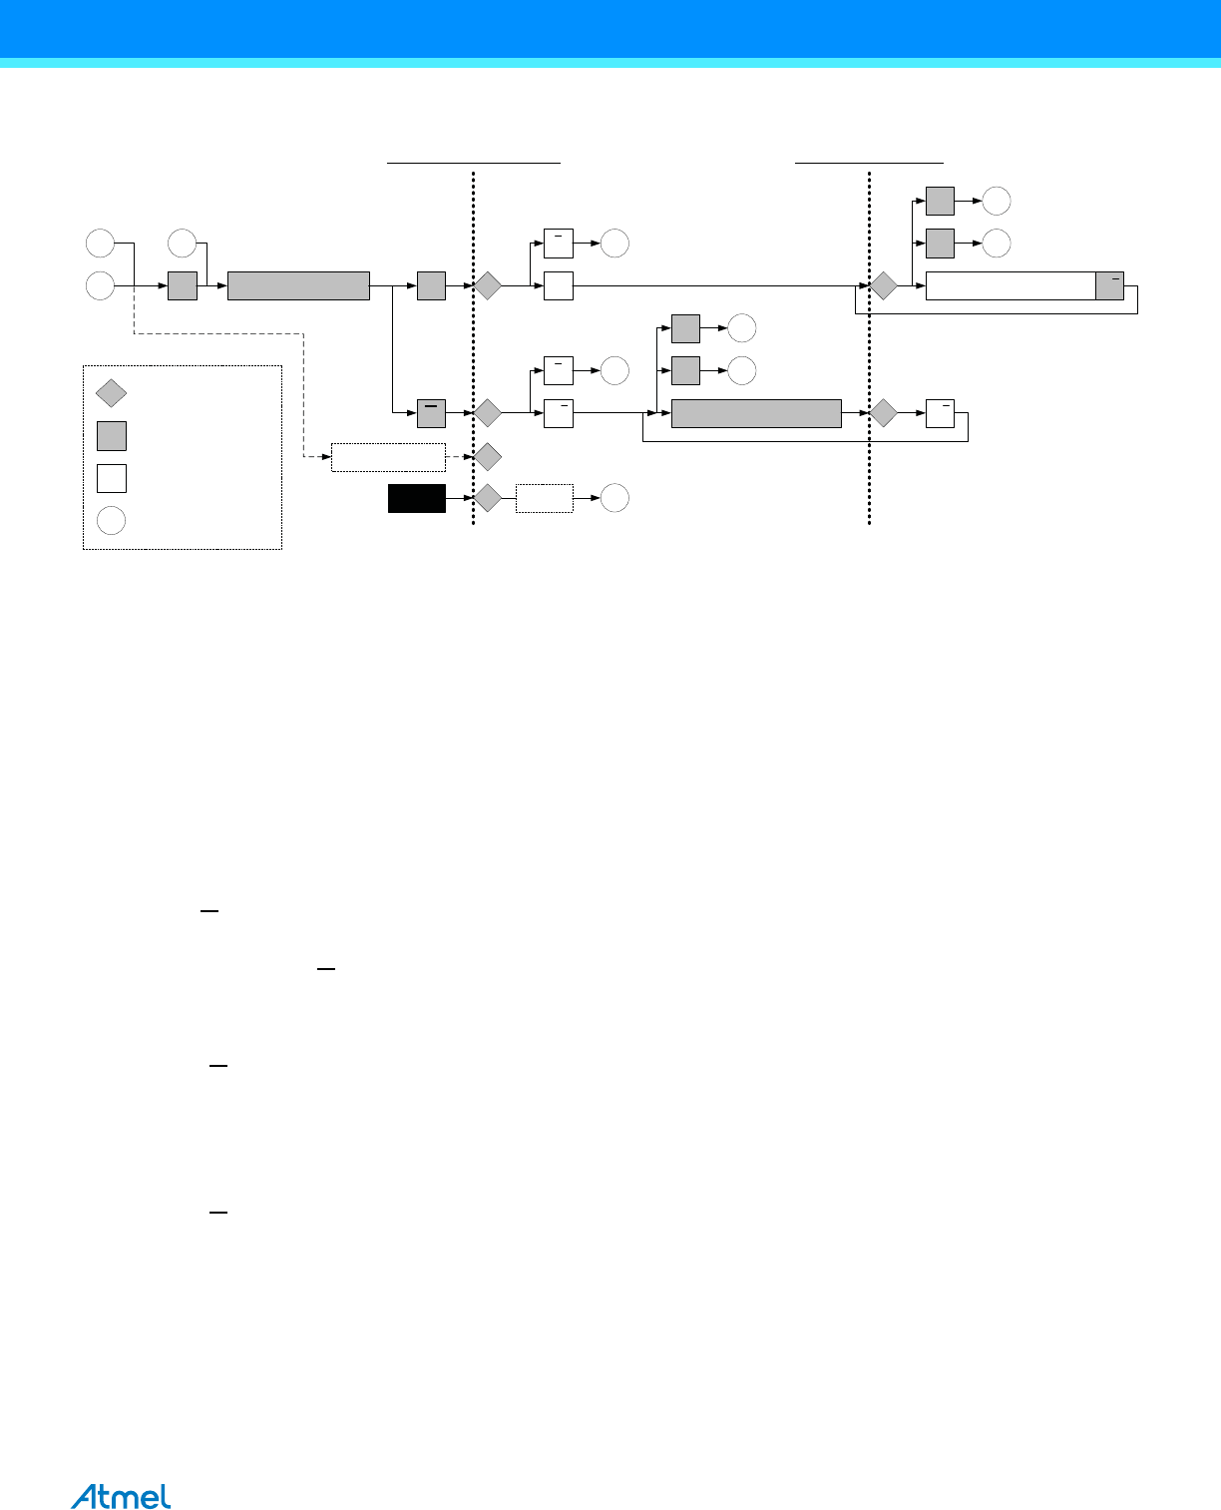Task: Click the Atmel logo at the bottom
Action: point(121,1496)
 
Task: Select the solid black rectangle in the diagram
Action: point(416,498)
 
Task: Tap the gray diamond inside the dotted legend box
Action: point(111,393)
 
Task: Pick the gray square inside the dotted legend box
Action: point(111,436)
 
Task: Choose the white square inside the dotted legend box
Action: point(111,478)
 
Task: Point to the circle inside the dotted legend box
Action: point(111,520)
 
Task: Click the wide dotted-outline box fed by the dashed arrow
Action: point(388,457)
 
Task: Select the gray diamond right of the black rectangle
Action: point(487,498)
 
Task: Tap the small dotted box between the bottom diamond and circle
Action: point(544,498)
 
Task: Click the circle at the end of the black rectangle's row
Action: point(614,498)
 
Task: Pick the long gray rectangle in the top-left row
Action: point(298,285)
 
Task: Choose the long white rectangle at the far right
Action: point(1010,285)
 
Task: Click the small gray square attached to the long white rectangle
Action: point(1109,285)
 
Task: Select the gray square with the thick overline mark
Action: point(431,412)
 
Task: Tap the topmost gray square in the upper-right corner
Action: point(940,201)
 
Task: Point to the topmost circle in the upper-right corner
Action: point(996,201)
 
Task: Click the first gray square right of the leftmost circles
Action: point(183,285)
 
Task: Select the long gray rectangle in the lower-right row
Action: point(755,412)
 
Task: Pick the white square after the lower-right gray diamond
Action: point(940,412)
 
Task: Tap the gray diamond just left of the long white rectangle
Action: point(883,285)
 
